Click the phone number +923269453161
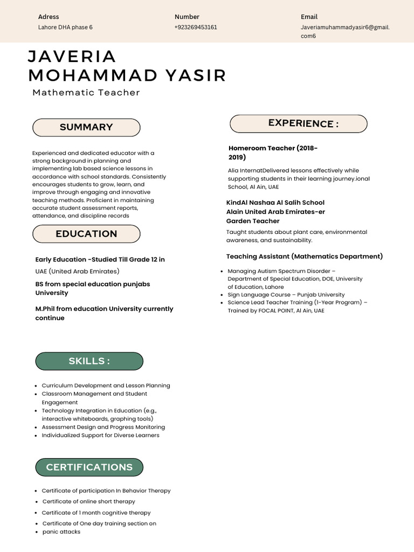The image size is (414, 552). (x=196, y=27)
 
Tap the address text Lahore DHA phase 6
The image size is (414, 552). (x=65, y=27)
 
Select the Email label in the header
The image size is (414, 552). (x=309, y=17)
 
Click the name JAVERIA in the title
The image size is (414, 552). (x=72, y=56)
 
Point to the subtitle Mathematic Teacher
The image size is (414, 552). (x=86, y=93)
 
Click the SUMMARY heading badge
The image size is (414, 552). (x=86, y=127)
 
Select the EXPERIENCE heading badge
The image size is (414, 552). (x=298, y=123)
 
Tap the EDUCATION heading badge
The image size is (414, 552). (x=86, y=234)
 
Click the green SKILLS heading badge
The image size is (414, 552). (x=89, y=361)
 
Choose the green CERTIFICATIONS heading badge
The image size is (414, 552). (x=89, y=467)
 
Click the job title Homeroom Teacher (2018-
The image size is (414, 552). (x=273, y=148)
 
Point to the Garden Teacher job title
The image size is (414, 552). (x=253, y=221)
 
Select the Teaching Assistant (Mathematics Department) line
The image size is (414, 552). (x=305, y=257)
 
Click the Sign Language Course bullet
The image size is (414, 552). (x=286, y=295)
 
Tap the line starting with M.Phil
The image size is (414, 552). (x=104, y=309)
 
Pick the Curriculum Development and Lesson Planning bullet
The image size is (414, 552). (x=106, y=385)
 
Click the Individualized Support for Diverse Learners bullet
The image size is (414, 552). (x=100, y=435)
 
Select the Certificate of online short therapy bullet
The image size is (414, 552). (x=88, y=501)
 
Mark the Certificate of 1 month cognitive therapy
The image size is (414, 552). (x=96, y=513)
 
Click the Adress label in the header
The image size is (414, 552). (x=49, y=17)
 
